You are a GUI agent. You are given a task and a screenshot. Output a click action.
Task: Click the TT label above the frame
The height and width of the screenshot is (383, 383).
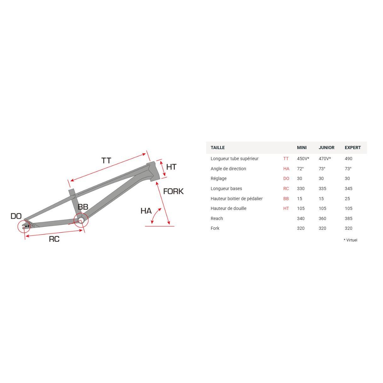coord(106,160)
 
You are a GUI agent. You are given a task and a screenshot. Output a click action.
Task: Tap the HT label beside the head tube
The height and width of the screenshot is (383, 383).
coord(171,167)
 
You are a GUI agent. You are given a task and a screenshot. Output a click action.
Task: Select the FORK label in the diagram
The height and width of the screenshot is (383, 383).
coord(173,191)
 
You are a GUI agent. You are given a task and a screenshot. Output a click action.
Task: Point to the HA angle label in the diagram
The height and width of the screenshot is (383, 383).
coord(146,211)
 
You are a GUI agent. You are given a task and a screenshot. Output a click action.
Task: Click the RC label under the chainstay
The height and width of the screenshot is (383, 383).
coord(54,239)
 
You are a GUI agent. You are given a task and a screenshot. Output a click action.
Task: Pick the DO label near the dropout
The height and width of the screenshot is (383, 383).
coord(16,216)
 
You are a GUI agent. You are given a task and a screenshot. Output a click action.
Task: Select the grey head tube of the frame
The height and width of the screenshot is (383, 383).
coord(154,171)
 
